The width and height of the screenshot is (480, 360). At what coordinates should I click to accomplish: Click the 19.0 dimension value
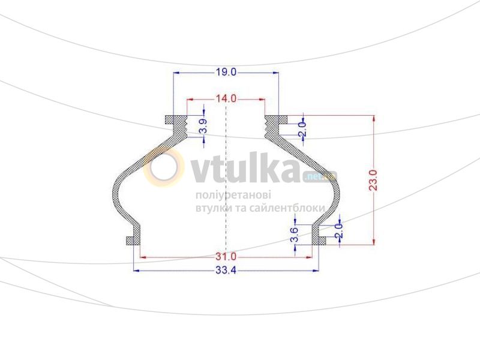(x=226, y=72)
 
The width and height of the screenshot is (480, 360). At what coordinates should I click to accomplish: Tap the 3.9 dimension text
(x=203, y=127)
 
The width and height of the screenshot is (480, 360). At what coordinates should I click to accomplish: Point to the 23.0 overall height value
(x=373, y=180)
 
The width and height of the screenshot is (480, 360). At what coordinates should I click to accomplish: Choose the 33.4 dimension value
(x=226, y=271)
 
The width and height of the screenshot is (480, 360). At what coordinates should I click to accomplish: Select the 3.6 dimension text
(x=295, y=235)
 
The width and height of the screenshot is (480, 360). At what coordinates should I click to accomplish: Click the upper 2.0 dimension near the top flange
(x=302, y=127)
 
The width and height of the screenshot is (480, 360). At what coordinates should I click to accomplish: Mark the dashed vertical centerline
(x=226, y=180)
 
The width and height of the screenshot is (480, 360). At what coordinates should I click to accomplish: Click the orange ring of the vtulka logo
(x=164, y=169)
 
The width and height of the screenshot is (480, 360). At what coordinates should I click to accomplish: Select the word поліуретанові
(x=233, y=196)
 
